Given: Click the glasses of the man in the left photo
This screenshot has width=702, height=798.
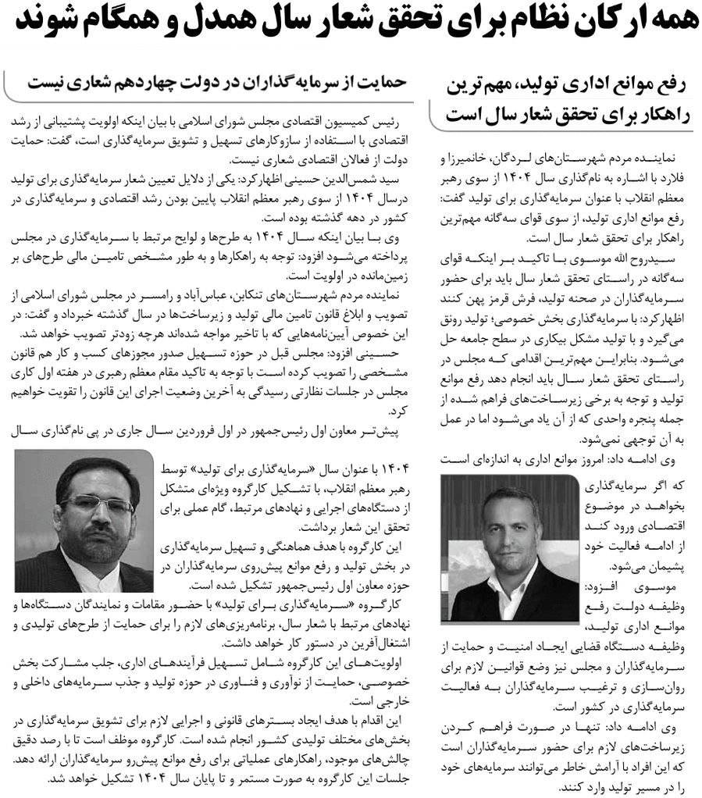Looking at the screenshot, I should tap(98, 504).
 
